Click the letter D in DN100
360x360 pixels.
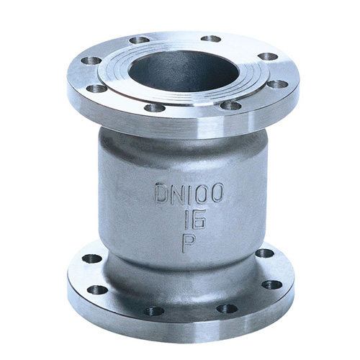pyautogui.click(x=163, y=193)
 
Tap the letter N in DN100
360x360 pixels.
pyautogui.click(x=179, y=193)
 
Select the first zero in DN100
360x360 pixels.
pyautogui.click(x=202, y=193)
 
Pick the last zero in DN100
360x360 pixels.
pyautogui.click(x=217, y=192)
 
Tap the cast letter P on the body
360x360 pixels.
pyautogui.click(x=189, y=243)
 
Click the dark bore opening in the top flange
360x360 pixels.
pyautogui.click(x=184, y=71)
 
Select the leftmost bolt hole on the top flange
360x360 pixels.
pyautogui.click(x=91, y=60)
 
